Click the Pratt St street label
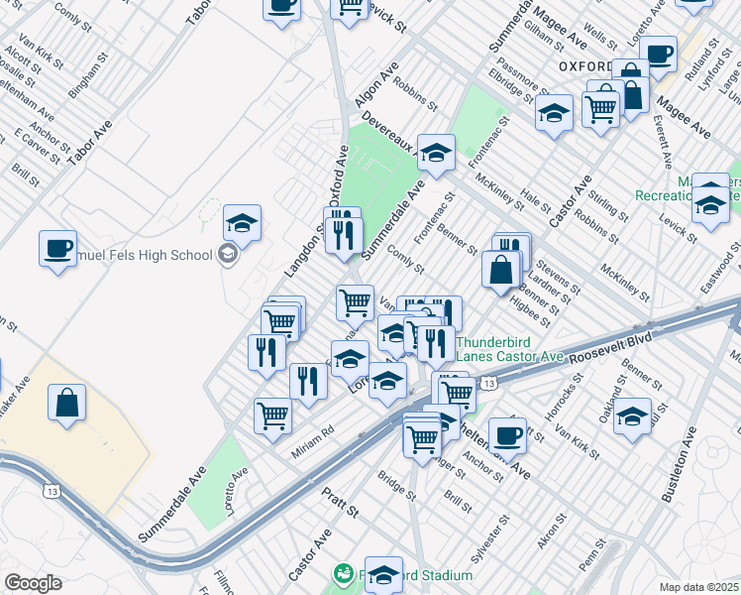click(x=338, y=502)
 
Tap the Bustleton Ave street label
click(x=684, y=466)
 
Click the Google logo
click(x=33, y=583)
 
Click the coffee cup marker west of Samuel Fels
click(x=57, y=247)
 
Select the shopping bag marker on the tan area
click(x=66, y=404)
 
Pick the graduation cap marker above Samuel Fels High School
click(x=241, y=223)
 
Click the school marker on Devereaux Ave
click(x=436, y=153)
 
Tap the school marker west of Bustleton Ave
click(x=631, y=416)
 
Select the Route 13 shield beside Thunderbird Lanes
click(x=487, y=383)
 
